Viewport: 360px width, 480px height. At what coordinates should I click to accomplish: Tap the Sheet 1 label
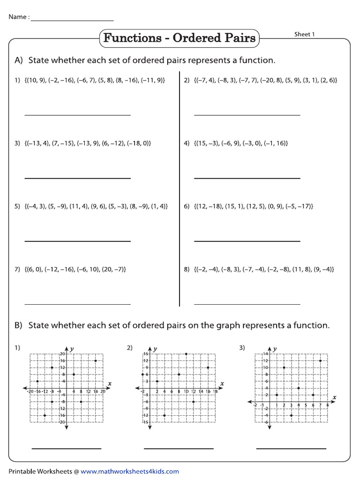(x=304, y=34)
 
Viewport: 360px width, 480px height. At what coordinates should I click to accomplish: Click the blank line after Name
(x=72, y=21)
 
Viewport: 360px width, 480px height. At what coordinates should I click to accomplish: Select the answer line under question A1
(x=77, y=115)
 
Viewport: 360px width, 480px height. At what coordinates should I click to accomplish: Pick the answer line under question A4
(x=247, y=178)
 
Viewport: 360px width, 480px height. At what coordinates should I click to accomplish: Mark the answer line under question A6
(x=247, y=241)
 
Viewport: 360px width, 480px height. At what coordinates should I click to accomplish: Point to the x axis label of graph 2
(x=222, y=383)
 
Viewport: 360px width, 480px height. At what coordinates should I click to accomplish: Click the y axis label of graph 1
(x=72, y=349)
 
